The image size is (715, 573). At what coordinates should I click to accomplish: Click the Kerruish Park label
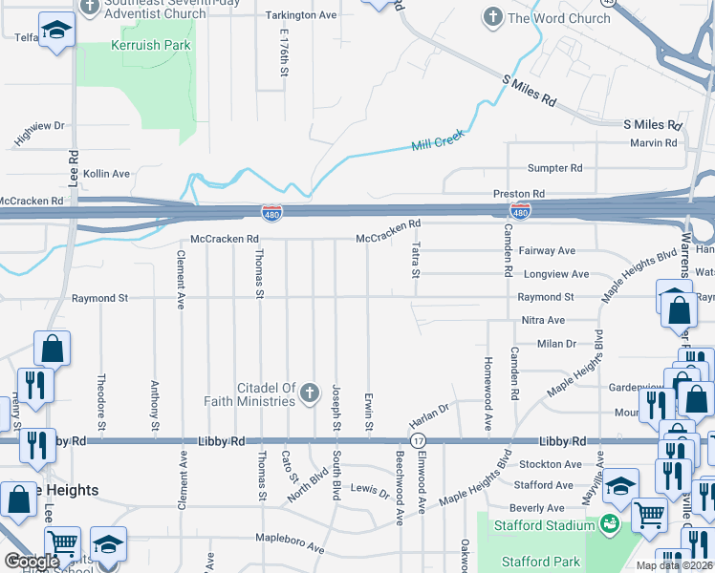[151, 45]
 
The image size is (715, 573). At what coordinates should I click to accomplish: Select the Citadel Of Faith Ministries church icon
[309, 393]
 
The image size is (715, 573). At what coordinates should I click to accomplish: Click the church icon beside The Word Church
[492, 17]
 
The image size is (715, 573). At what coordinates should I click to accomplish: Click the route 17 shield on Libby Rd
[418, 441]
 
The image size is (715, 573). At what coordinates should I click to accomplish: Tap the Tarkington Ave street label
[301, 16]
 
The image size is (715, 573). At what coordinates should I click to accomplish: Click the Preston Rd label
[519, 194]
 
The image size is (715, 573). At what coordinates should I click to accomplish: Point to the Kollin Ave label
[106, 174]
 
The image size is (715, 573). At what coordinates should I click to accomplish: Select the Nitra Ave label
[543, 320]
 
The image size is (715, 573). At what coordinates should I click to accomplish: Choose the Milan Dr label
[556, 344]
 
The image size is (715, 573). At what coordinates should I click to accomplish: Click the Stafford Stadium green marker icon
[608, 524]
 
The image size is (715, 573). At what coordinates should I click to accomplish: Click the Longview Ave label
[557, 274]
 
